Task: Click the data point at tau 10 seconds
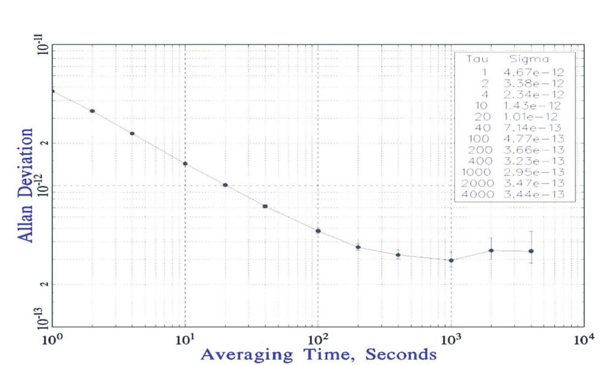(185, 163)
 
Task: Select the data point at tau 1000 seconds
(451, 260)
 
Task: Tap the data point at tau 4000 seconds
(531, 251)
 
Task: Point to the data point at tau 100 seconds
(318, 231)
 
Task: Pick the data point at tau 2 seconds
(92, 111)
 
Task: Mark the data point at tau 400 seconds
(398, 255)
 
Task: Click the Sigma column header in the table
(529, 60)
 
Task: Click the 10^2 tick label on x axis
(318, 340)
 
